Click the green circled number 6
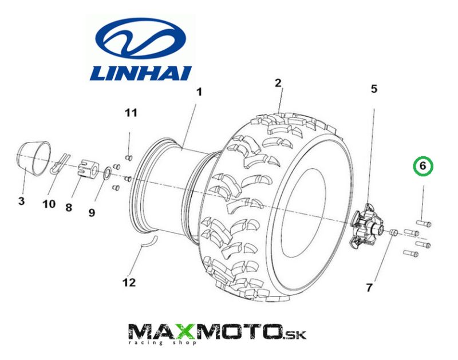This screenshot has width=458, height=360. [424, 167]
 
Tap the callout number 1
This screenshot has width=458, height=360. [199, 92]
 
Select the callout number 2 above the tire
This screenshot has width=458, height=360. [278, 84]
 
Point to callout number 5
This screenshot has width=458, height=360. [374, 89]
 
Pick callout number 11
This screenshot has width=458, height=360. [132, 113]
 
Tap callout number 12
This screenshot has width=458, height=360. [129, 282]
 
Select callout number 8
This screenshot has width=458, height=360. [69, 208]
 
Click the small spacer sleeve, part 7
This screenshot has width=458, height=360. [393, 232]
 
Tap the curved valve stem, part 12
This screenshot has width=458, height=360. [148, 242]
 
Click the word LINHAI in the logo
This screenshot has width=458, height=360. [142, 72]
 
